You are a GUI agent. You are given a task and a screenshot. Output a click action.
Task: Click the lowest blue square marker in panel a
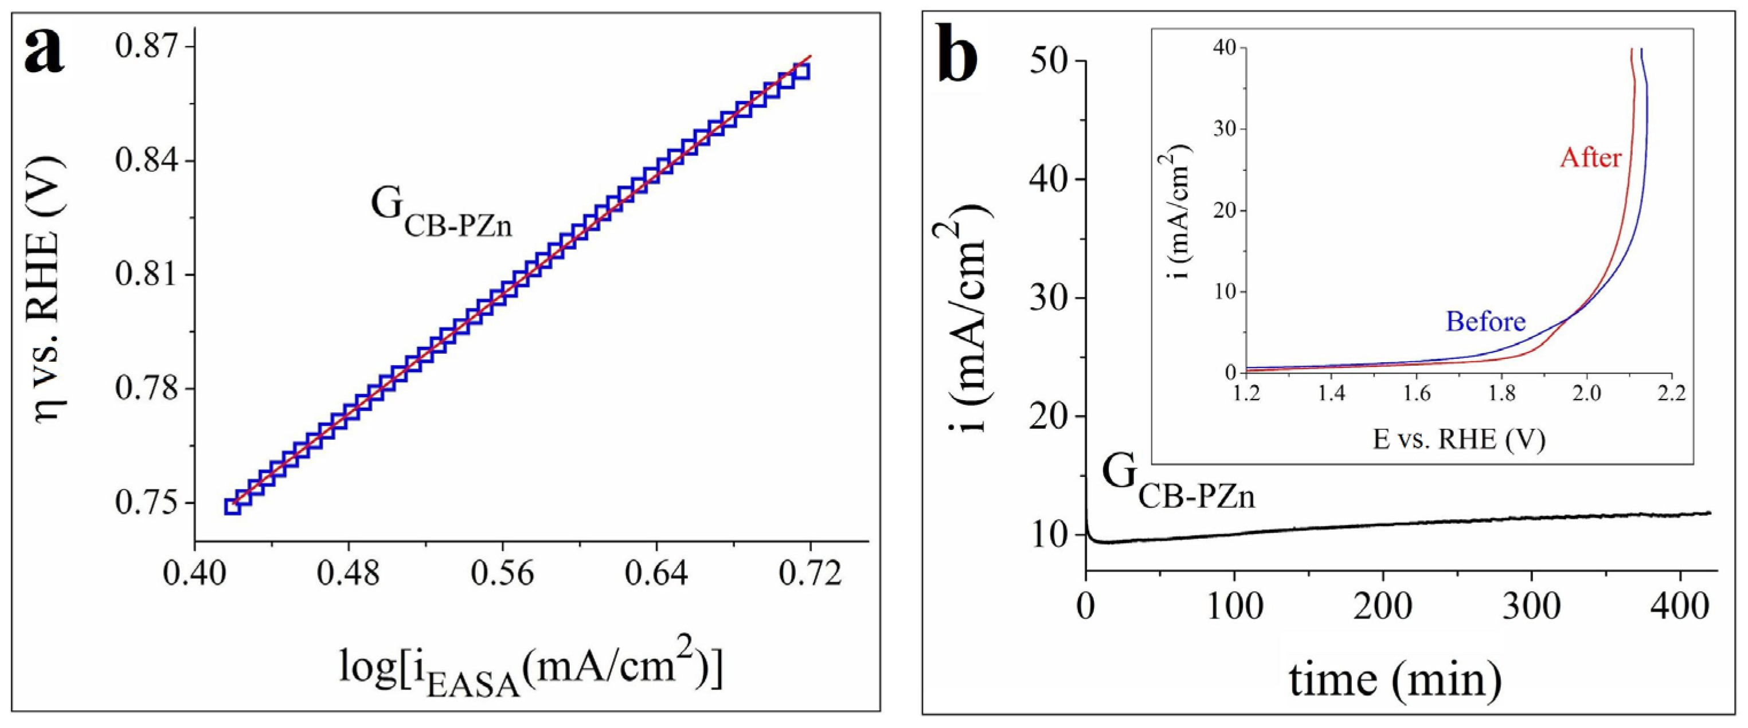click(233, 506)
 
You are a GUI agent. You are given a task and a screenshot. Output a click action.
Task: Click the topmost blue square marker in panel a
click(801, 71)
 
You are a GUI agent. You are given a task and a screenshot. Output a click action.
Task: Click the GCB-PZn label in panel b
click(1178, 484)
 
